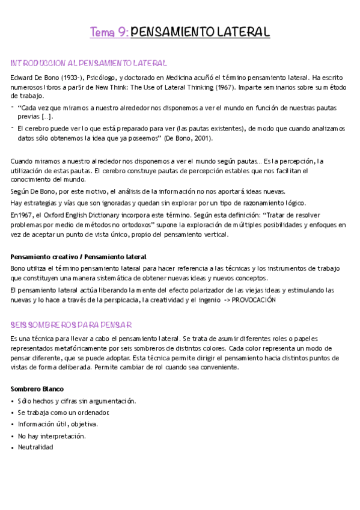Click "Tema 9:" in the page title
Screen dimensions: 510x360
click(x=109, y=32)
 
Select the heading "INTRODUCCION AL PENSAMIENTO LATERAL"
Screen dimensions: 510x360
click(x=88, y=63)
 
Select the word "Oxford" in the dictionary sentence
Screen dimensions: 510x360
click(x=63, y=215)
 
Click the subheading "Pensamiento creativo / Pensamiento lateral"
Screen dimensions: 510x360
click(x=78, y=257)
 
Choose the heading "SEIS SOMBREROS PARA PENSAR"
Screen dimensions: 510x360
click(x=71, y=325)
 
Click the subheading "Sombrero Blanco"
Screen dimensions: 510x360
click(x=37, y=389)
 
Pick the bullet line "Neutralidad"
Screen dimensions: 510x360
click(x=35, y=447)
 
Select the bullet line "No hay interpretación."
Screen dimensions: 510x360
click(x=52, y=436)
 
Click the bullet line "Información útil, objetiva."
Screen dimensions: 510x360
click(x=58, y=424)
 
